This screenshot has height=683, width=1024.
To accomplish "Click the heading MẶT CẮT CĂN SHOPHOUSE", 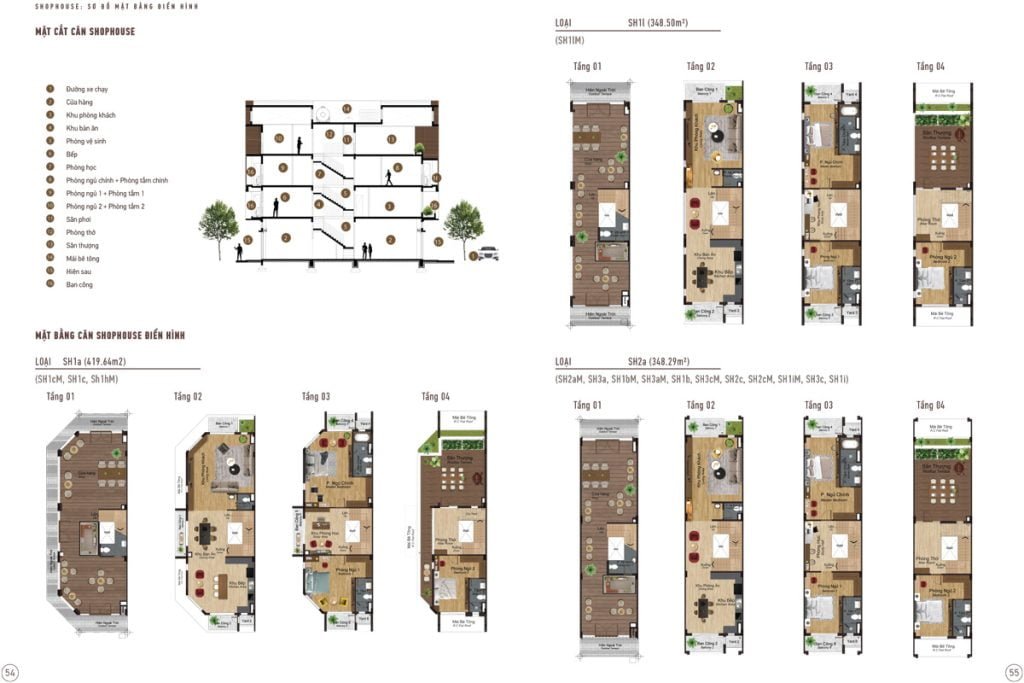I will pyautogui.click(x=85, y=32).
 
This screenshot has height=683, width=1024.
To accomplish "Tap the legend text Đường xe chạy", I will pyautogui.click(x=86, y=89).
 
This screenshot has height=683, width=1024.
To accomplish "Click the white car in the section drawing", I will pyautogui.click(x=486, y=254).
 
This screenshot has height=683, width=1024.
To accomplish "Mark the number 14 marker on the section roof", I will pyautogui.click(x=346, y=108).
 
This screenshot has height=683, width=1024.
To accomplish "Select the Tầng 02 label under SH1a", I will pyautogui.click(x=187, y=397).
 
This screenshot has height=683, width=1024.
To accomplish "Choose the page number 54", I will pyautogui.click(x=11, y=671).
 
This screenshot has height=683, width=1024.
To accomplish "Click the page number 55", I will pyautogui.click(x=1011, y=671).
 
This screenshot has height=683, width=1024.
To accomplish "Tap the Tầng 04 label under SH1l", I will pyautogui.click(x=930, y=66).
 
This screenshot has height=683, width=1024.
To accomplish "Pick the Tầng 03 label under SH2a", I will pyautogui.click(x=818, y=405).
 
